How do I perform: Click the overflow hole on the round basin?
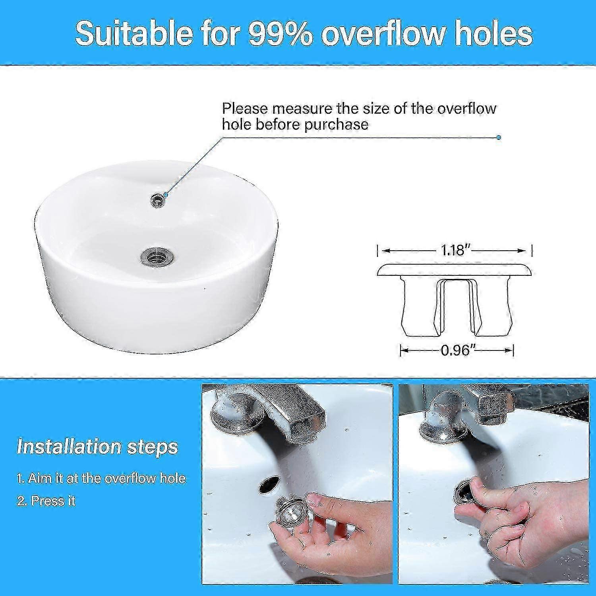(158, 200)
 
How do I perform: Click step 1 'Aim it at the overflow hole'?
(101, 478)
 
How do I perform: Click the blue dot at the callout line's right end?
(499, 137)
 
